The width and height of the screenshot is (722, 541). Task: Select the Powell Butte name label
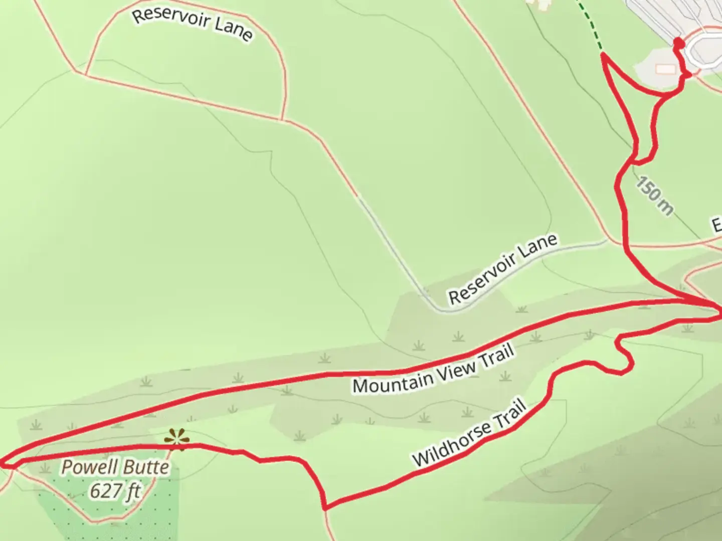click(x=115, y=467)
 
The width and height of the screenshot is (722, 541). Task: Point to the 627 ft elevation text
click(x=115, y=490)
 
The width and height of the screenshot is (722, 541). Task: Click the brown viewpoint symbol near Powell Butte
click(x=177, y=439)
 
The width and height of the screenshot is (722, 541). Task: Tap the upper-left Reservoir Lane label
click(x=192, y=24)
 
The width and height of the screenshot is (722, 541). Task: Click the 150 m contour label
click(x=654, y=195)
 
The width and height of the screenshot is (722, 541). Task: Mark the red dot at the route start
click(x=678, y=43)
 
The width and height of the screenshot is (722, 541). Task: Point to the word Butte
click(x=146, y=467)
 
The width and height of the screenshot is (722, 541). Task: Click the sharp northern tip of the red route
click(x=603, y=56)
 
